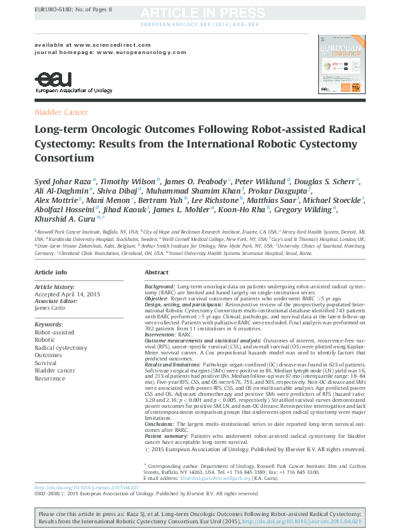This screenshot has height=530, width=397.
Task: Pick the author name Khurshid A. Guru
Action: pos(62,218)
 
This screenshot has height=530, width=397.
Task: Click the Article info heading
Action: pos(51,273)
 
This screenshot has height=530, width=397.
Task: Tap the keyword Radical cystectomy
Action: pos(61,348)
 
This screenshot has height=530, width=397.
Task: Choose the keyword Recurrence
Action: pos(51,378)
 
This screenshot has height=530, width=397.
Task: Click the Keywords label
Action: pos(49,324)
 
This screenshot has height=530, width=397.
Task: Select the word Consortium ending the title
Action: pos(65,158)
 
